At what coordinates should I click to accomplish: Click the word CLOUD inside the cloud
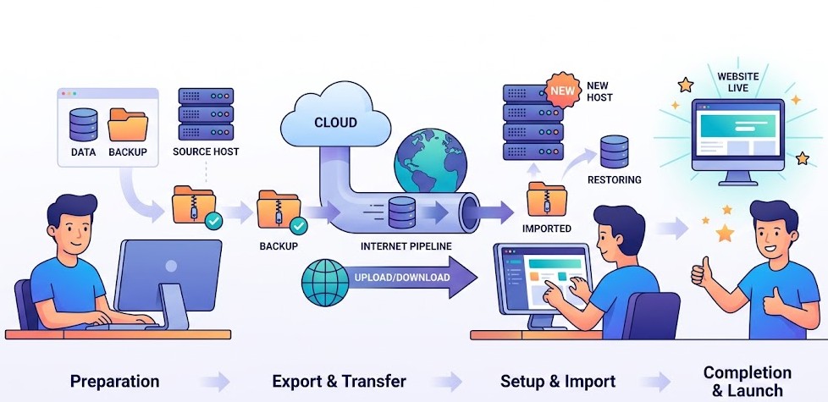[335, 122]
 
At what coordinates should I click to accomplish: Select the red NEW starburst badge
[562, 89]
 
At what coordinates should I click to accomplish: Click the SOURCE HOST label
[206, 151]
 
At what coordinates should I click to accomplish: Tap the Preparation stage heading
[114, 381]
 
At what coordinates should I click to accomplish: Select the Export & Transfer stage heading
[339, 381]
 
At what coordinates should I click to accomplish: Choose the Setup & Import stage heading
[558, 381]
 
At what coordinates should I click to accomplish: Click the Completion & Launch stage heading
[748, 381]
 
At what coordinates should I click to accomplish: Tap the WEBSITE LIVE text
[737, 83]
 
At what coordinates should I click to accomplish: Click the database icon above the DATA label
[84, 124]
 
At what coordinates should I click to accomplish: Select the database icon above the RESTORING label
[615, 151]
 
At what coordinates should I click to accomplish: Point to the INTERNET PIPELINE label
[406, 246]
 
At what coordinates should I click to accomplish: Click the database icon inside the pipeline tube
[401, 212]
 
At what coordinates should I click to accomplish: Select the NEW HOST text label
[599, 91]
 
